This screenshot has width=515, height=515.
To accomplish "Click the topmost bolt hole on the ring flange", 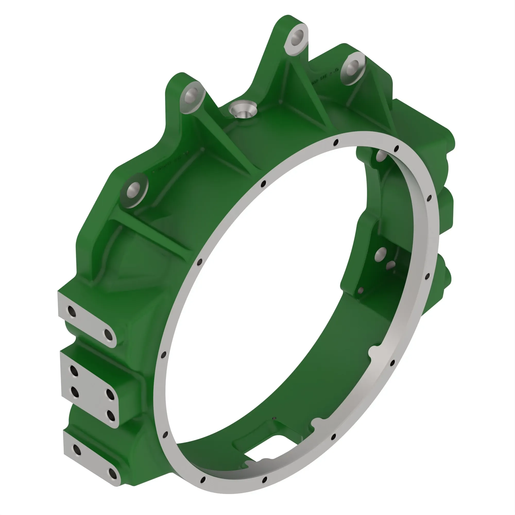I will point(336,143).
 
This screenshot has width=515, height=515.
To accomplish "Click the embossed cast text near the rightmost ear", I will point(327,75).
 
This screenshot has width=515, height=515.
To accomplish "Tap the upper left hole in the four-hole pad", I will point(74,371).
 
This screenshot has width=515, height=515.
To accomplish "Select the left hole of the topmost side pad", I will point(72,311).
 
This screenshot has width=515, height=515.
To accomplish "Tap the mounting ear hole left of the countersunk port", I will point(191,95).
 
